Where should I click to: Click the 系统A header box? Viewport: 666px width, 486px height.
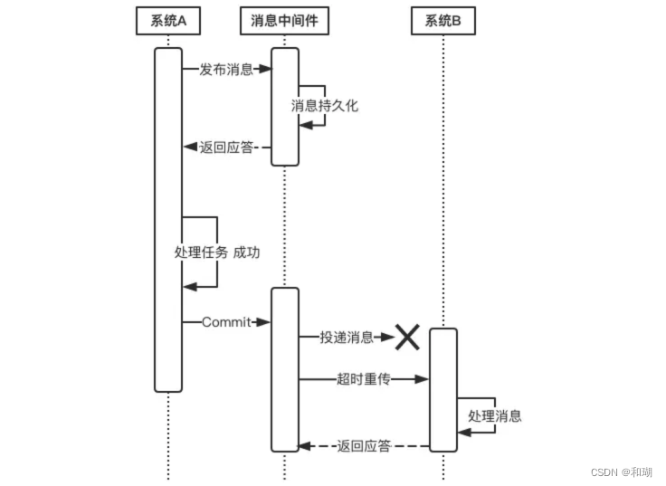(x=168, y=22)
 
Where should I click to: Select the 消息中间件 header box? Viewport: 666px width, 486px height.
(x=283, y=22)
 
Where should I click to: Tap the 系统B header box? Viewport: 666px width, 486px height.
(x=443, y=22)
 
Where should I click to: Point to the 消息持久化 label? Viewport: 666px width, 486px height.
(x=324, y=105)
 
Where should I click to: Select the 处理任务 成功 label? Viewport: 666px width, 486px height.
(x=217, y=253)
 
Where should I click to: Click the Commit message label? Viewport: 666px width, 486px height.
(x=226, y=322)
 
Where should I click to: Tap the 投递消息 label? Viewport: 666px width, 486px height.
(x=346, y=338)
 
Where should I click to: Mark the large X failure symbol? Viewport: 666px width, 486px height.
(x=406, y=338)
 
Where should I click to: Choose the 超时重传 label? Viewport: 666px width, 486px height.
(x=362, y=379)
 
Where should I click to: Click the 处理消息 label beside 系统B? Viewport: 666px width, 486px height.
(x=495, y=416)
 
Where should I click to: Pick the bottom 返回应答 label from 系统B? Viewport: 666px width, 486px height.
(x=364, y=445)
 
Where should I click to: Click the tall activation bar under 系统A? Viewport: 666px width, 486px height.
(x=167, y=217)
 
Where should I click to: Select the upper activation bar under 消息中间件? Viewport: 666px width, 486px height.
(x=284, y=106)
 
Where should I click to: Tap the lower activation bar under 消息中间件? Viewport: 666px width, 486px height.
(x=284, y=368)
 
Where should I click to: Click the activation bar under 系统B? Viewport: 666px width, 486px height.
(x=442, y=389)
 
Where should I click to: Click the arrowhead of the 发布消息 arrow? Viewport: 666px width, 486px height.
(x=265, y=69)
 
